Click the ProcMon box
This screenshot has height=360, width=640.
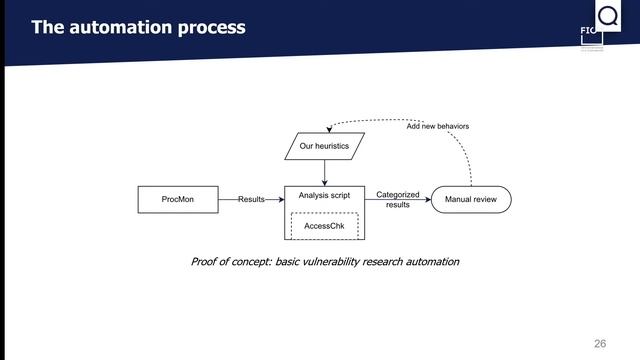click(x=177, y=199)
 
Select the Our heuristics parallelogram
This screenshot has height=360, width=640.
click(x=324, y=147)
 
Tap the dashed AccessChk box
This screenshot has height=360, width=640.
click(x=324, y=226)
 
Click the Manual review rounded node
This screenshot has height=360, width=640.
click(x=470, y=199)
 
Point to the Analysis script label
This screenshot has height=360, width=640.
click(x=324, y=195)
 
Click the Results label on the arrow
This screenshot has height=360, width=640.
click(x=251, y=199)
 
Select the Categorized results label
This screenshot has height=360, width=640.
click(x=397, y=199)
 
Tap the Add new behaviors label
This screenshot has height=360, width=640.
click(x=437, y=127)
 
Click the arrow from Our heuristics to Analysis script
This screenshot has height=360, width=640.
click(x=324, y=172)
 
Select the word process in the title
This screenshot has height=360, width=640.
click(x=210, y=27)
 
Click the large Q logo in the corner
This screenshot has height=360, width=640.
click(x=607, y=17)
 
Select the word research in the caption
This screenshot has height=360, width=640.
click(x=393, y=262)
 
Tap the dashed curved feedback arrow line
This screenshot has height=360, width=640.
click(x=466, y=150)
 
